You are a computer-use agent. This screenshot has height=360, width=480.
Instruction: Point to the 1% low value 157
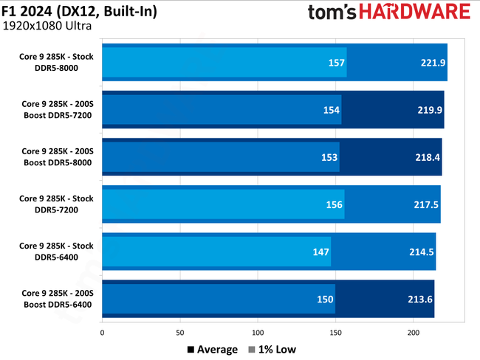point(337,63)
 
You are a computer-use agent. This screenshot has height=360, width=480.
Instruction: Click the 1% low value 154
point(331,110)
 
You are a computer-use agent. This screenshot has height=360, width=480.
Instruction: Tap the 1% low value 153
point(329,157)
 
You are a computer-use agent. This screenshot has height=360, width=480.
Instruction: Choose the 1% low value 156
point(334,204)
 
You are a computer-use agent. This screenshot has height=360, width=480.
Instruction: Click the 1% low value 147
point(320,252)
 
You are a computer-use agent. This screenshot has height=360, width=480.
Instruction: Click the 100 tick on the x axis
point(258,332)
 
